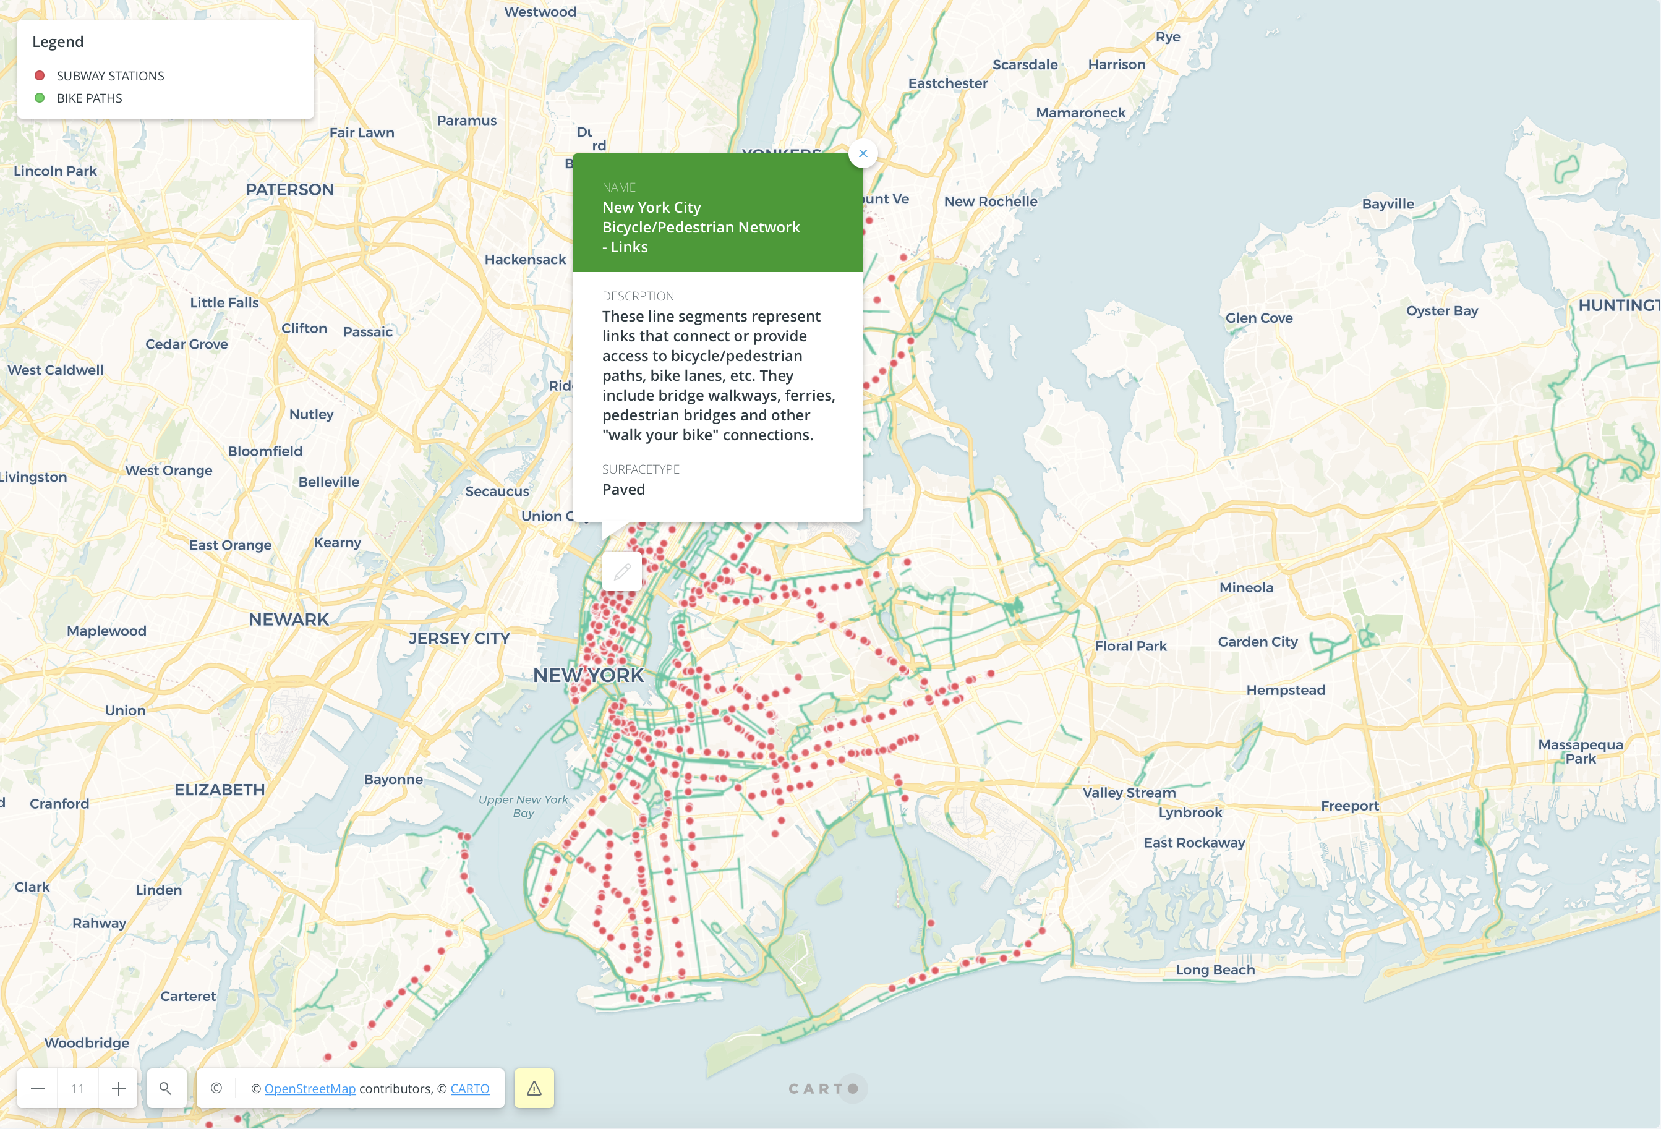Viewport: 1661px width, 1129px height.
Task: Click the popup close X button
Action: coord(863,153)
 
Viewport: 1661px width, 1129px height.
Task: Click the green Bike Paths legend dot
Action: coord(40,98)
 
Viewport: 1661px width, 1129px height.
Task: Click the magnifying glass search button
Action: coord(165,1088)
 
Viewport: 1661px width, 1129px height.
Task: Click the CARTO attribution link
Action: coord(469,1088)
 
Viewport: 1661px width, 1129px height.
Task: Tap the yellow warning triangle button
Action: coord(534,1088)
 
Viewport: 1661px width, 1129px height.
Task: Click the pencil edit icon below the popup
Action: coord(622,571)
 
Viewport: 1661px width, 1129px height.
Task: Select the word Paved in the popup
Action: coord(623,490)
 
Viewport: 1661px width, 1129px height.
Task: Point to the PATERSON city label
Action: coord(289,189)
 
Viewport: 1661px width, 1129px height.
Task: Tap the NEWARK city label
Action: coord(289,620)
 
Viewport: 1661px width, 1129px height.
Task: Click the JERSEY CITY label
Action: coord(459,638)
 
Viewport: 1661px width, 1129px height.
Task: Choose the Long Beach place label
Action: coord(1215,969)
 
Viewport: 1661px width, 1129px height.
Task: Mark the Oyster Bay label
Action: coord(1441,311)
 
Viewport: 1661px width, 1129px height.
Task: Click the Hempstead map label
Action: coord(1285,690)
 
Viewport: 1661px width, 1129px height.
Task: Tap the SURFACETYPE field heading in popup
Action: coord(641,469)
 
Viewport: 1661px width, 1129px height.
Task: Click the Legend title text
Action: coord(58,42)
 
